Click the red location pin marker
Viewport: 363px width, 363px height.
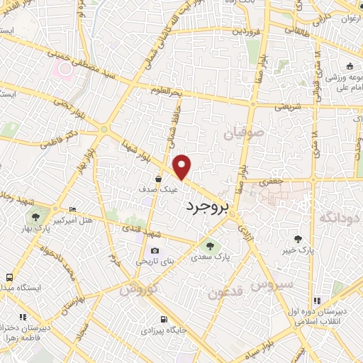coord(183,167)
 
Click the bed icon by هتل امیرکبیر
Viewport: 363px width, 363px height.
coord(72,209)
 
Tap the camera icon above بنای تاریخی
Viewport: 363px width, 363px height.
coord(155,250)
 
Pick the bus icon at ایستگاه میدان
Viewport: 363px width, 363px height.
coord(9,277)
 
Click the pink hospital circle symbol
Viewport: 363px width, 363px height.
coord(65,69)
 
